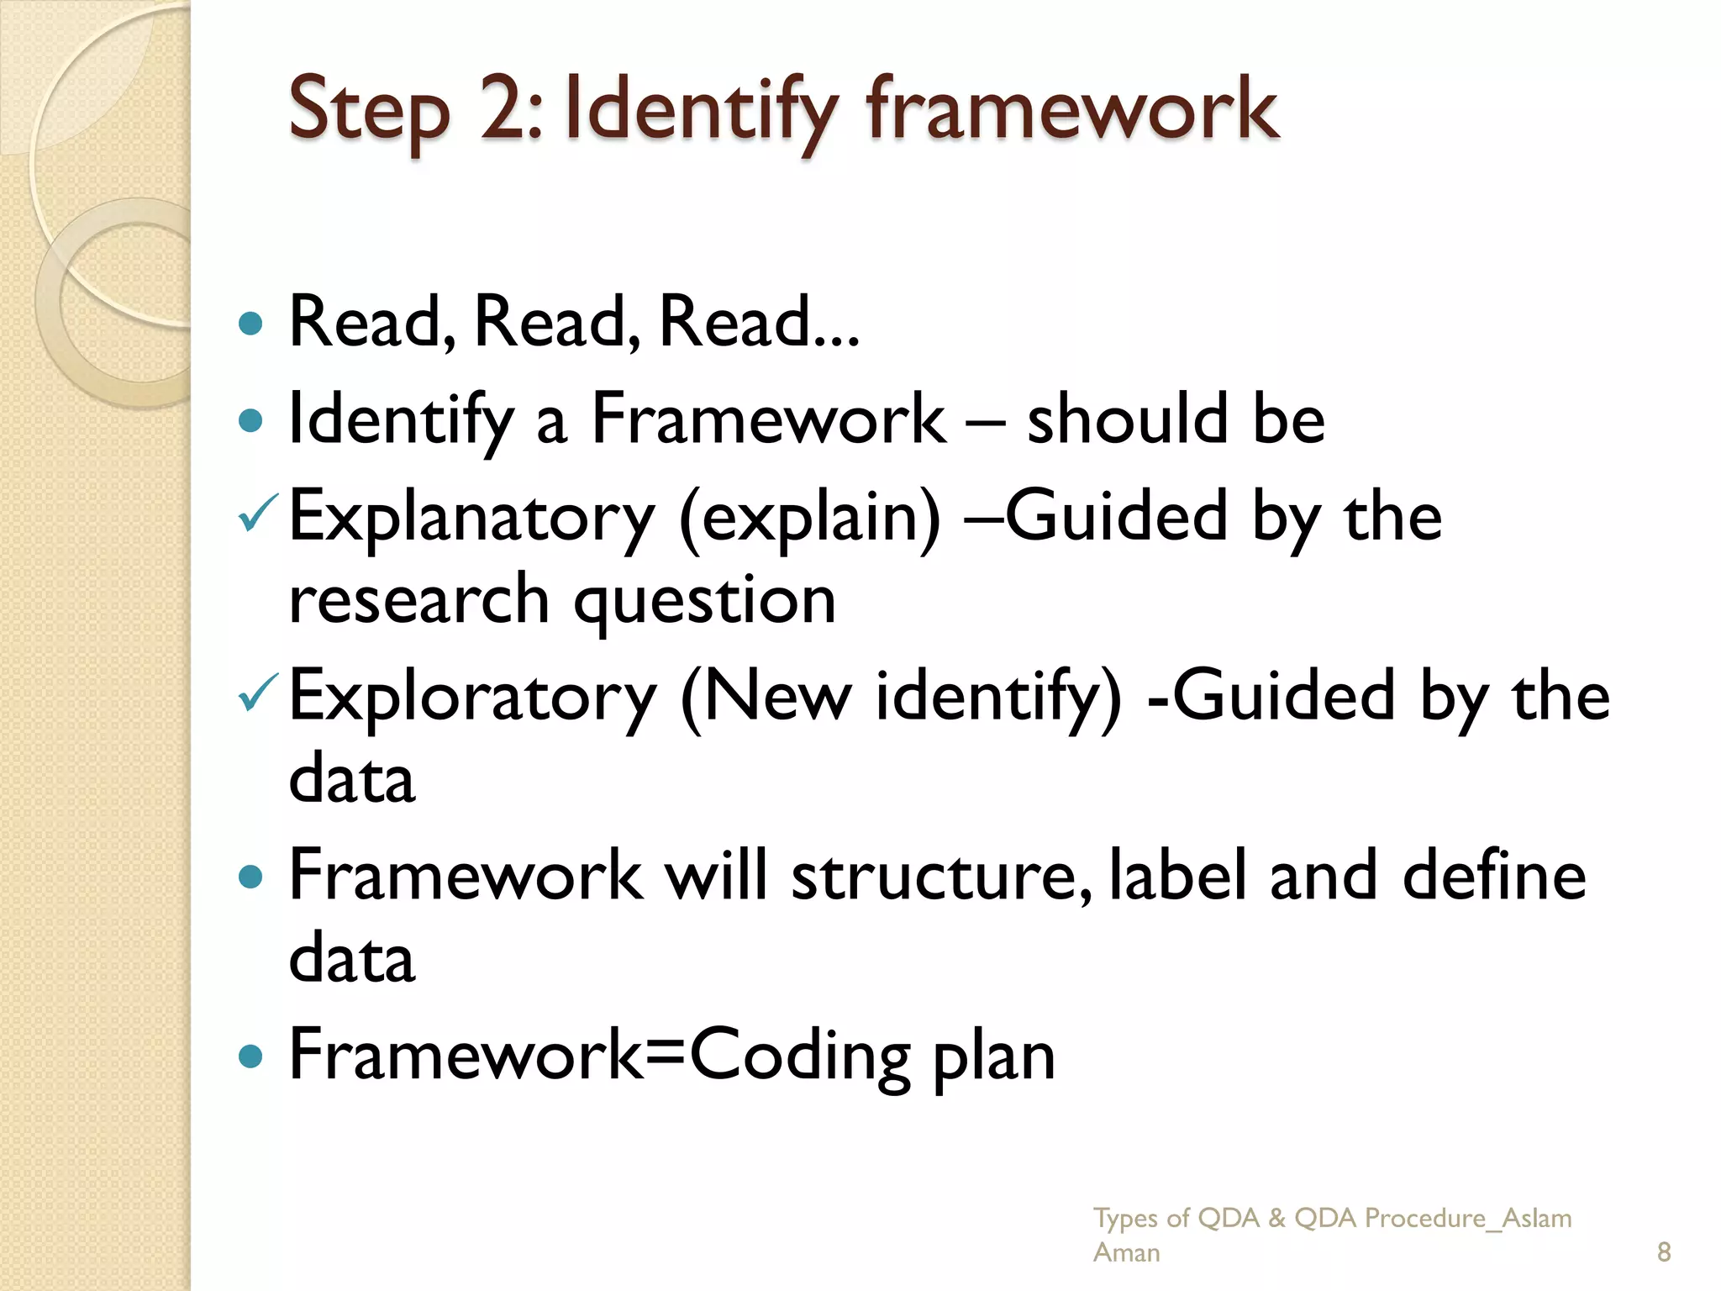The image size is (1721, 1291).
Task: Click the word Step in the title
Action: pos(369,111)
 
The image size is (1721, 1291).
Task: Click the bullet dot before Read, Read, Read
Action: pos(250,324)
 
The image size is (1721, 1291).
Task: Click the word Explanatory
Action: pos(471,517)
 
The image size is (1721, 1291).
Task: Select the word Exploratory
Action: pos(472,696)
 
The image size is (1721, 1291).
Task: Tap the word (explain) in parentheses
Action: pos(810,517)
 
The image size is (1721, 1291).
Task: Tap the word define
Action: pos(1494,876)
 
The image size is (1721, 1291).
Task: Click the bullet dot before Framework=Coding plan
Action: pos(250,1056)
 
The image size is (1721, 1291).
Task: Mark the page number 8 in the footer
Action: pos(1664,1252)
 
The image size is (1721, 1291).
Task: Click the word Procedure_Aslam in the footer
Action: pos(1467,1218)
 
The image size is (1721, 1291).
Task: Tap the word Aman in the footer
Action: pos(1126,1252)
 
